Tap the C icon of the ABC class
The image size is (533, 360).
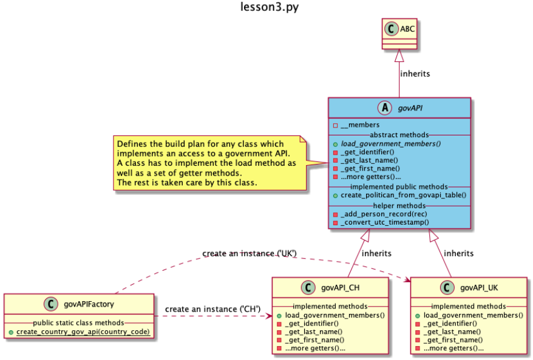tap(390, 27)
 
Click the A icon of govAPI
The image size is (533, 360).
tap(384, 108)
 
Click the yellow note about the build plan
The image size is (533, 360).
tap(210, 163)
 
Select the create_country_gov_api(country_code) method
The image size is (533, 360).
tap(83, 331)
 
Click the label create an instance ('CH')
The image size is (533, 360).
tap(212, 309)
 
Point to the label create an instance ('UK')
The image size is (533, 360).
tap(249, 253)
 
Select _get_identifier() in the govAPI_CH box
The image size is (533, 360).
tap(310, 324)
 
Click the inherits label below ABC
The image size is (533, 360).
tap(415, 73)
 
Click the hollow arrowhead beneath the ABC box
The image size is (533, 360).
tap(399, 55)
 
